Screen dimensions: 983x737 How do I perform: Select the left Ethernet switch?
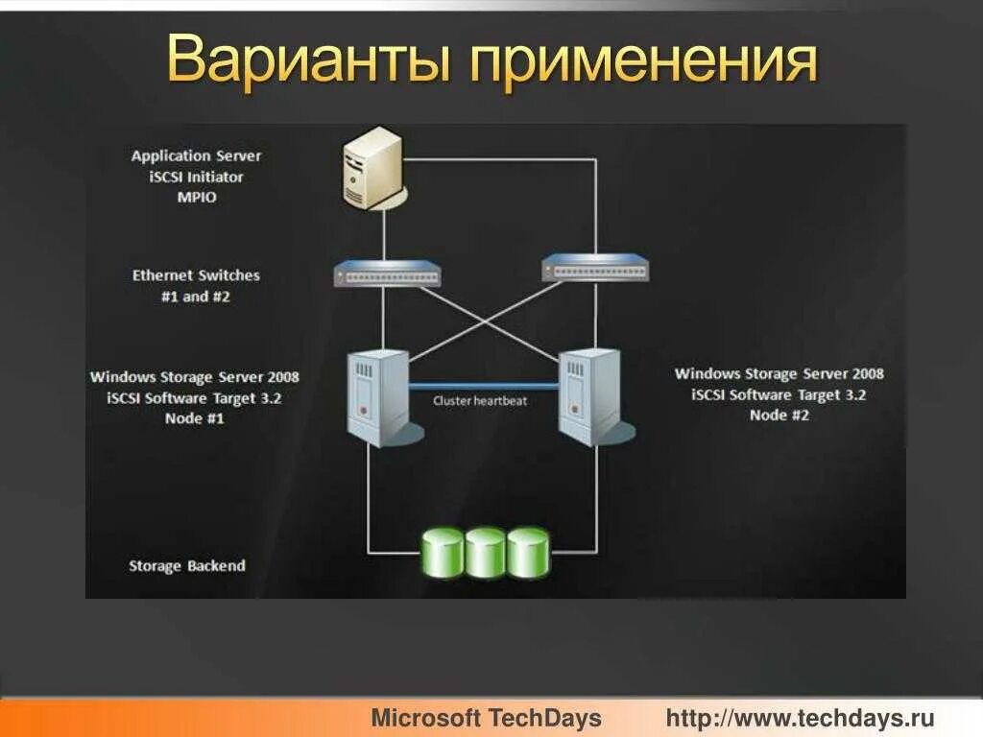pyautogui.click(x=388, y=273)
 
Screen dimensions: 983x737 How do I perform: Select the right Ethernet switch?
pyautogui.click(x=594, y=266)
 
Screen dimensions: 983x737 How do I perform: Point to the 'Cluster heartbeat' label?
pyautogui.click(x=480, y=401)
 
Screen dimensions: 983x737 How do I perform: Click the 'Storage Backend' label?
pyautogui.click(x=187, y=566)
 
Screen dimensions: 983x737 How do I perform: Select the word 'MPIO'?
pyautogui.click(x=196, y=198)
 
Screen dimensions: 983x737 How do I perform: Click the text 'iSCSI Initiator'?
pyautogui.click(x=196, y=177)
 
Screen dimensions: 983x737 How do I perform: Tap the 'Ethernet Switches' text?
pyautogui.click(x=196, y=275)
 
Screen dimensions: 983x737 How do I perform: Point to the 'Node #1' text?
pyautogui.click(x=195, y=418)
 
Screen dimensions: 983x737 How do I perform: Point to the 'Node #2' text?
pyautogui.click(x=779, y=416)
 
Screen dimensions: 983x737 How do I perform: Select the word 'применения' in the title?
pyautogui.click(x=643, y=61)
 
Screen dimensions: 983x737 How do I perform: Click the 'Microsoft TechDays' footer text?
pyautogui.click(x=486, y=718)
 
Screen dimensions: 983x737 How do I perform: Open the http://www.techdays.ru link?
pyautogui.click(x=800, y=718)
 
